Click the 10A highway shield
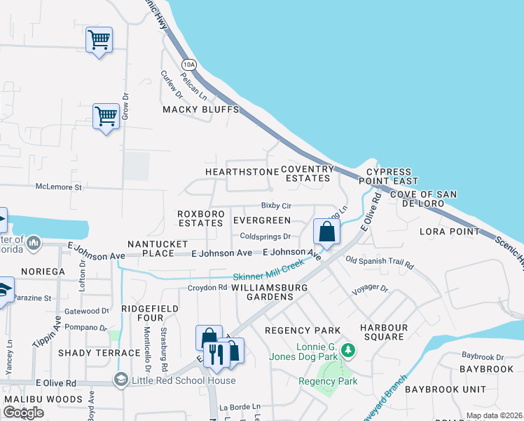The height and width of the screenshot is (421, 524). [x=188, y=64]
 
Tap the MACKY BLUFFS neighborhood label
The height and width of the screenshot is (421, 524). [x=201, y=110]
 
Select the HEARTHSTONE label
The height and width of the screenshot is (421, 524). [x=242, y=172]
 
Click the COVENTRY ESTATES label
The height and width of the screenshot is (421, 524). [x=308, y=174]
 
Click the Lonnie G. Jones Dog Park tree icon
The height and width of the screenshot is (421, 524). [x=345, y=349]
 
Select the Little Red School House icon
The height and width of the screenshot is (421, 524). [x=120, y=380]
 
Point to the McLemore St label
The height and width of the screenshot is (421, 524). [x=59, y=188]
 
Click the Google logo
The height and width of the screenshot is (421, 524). [x=24, y=412]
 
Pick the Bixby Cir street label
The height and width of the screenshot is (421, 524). [x=276, y=206]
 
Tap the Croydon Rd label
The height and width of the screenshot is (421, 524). [x=207, y=287]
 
